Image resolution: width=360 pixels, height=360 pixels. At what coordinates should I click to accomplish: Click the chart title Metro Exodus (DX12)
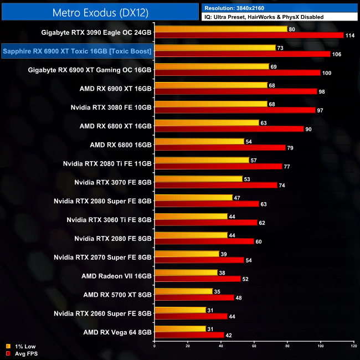click(x=99, y=12)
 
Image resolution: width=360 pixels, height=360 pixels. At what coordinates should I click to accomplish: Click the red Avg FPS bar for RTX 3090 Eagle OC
click(x=249, y=35)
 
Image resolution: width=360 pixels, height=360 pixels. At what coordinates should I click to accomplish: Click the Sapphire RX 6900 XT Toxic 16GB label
click(x=78, y=52)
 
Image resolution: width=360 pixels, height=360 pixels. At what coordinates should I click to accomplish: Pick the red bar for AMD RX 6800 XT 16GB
click(x=229, y=129)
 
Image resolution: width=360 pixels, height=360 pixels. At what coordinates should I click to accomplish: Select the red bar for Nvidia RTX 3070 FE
click(x=216, y=185)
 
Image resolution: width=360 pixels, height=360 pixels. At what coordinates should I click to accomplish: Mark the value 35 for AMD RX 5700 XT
click(x=218, y=291)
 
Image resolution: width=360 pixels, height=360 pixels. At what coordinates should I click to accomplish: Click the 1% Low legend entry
click(x=22, y=346)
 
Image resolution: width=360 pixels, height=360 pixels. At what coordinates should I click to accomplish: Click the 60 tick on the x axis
click(x=254, y=347)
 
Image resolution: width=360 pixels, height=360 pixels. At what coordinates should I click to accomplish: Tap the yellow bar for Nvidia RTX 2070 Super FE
click(x=187, y=254)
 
